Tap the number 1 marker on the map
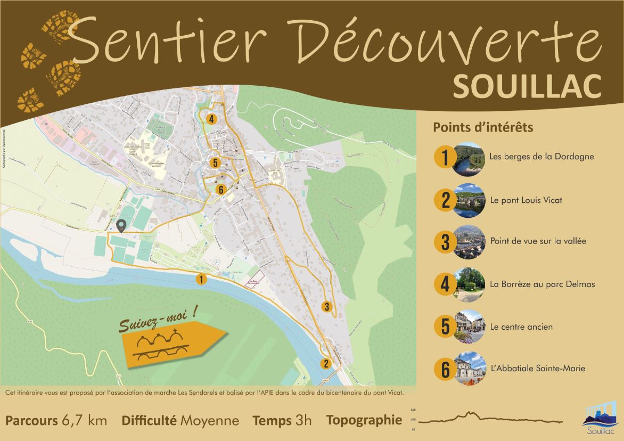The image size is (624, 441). click(x=201, y=278)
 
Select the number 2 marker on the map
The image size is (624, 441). click(x=325, y=364)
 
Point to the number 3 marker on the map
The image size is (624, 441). click(x=326, y=306)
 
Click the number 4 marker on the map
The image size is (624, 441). click(x=212, y=119)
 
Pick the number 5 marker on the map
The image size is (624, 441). click(x=215, y=163)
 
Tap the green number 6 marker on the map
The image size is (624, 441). click(x=220, y=189)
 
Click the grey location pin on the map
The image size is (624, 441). click(x=121, y=226)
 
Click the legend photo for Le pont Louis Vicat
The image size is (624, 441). click(x=469, y=200)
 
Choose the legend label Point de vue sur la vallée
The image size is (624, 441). click(x=538, y=241)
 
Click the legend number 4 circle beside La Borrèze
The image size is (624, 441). click(x=445, y=284)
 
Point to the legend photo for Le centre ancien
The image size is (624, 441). click(x=469, y=326)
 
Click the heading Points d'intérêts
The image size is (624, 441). click(x=483, y=128)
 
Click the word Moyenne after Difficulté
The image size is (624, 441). click(x=209, y=420)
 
